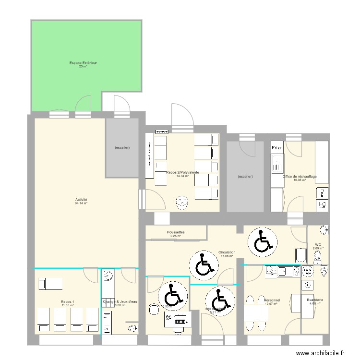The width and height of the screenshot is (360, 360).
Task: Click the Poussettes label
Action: [x=176, y=232]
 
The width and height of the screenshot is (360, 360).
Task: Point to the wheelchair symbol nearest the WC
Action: [x=262, y=241]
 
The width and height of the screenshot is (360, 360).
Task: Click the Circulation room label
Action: [x=227, y=252]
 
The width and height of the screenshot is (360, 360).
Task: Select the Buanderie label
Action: [x=315, y=300]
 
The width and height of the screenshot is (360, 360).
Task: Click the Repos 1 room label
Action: [x=68, y=301]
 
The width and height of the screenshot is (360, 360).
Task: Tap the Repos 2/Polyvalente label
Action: [x=182, y=172]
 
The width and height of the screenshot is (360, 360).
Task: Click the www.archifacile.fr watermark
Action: [x=321, y=353]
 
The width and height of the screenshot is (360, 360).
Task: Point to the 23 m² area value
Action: [x=84, y=66]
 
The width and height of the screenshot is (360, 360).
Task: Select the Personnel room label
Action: [x=272, y=300]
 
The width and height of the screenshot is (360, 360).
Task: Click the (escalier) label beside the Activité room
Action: [x=122, y=147]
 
